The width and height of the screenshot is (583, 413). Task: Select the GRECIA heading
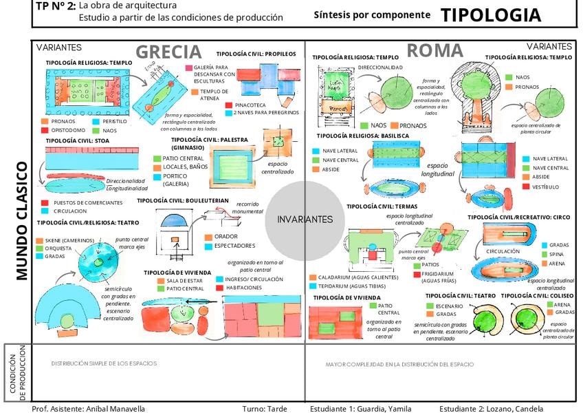coord(168,52)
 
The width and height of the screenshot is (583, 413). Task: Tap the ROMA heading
coord(434,50)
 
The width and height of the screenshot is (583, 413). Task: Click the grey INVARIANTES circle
coord(305,219)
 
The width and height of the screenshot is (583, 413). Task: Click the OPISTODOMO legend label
coord(68,130)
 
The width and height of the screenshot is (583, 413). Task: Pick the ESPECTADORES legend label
coord(234,246)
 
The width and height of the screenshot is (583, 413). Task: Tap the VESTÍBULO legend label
coord(545,187)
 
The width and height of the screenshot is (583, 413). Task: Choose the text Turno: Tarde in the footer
coord(265,408)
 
